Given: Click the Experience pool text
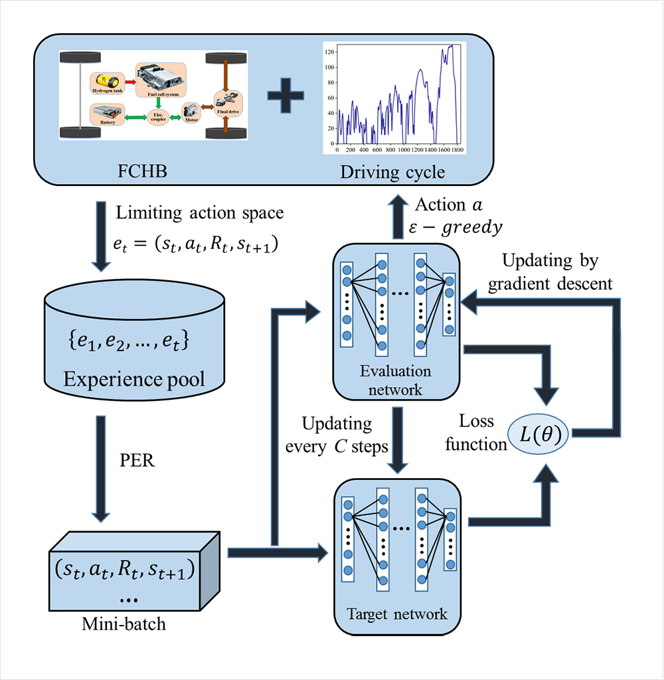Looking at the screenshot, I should (x=133, y=379).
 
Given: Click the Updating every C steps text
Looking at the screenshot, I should (x=337, y=435).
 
